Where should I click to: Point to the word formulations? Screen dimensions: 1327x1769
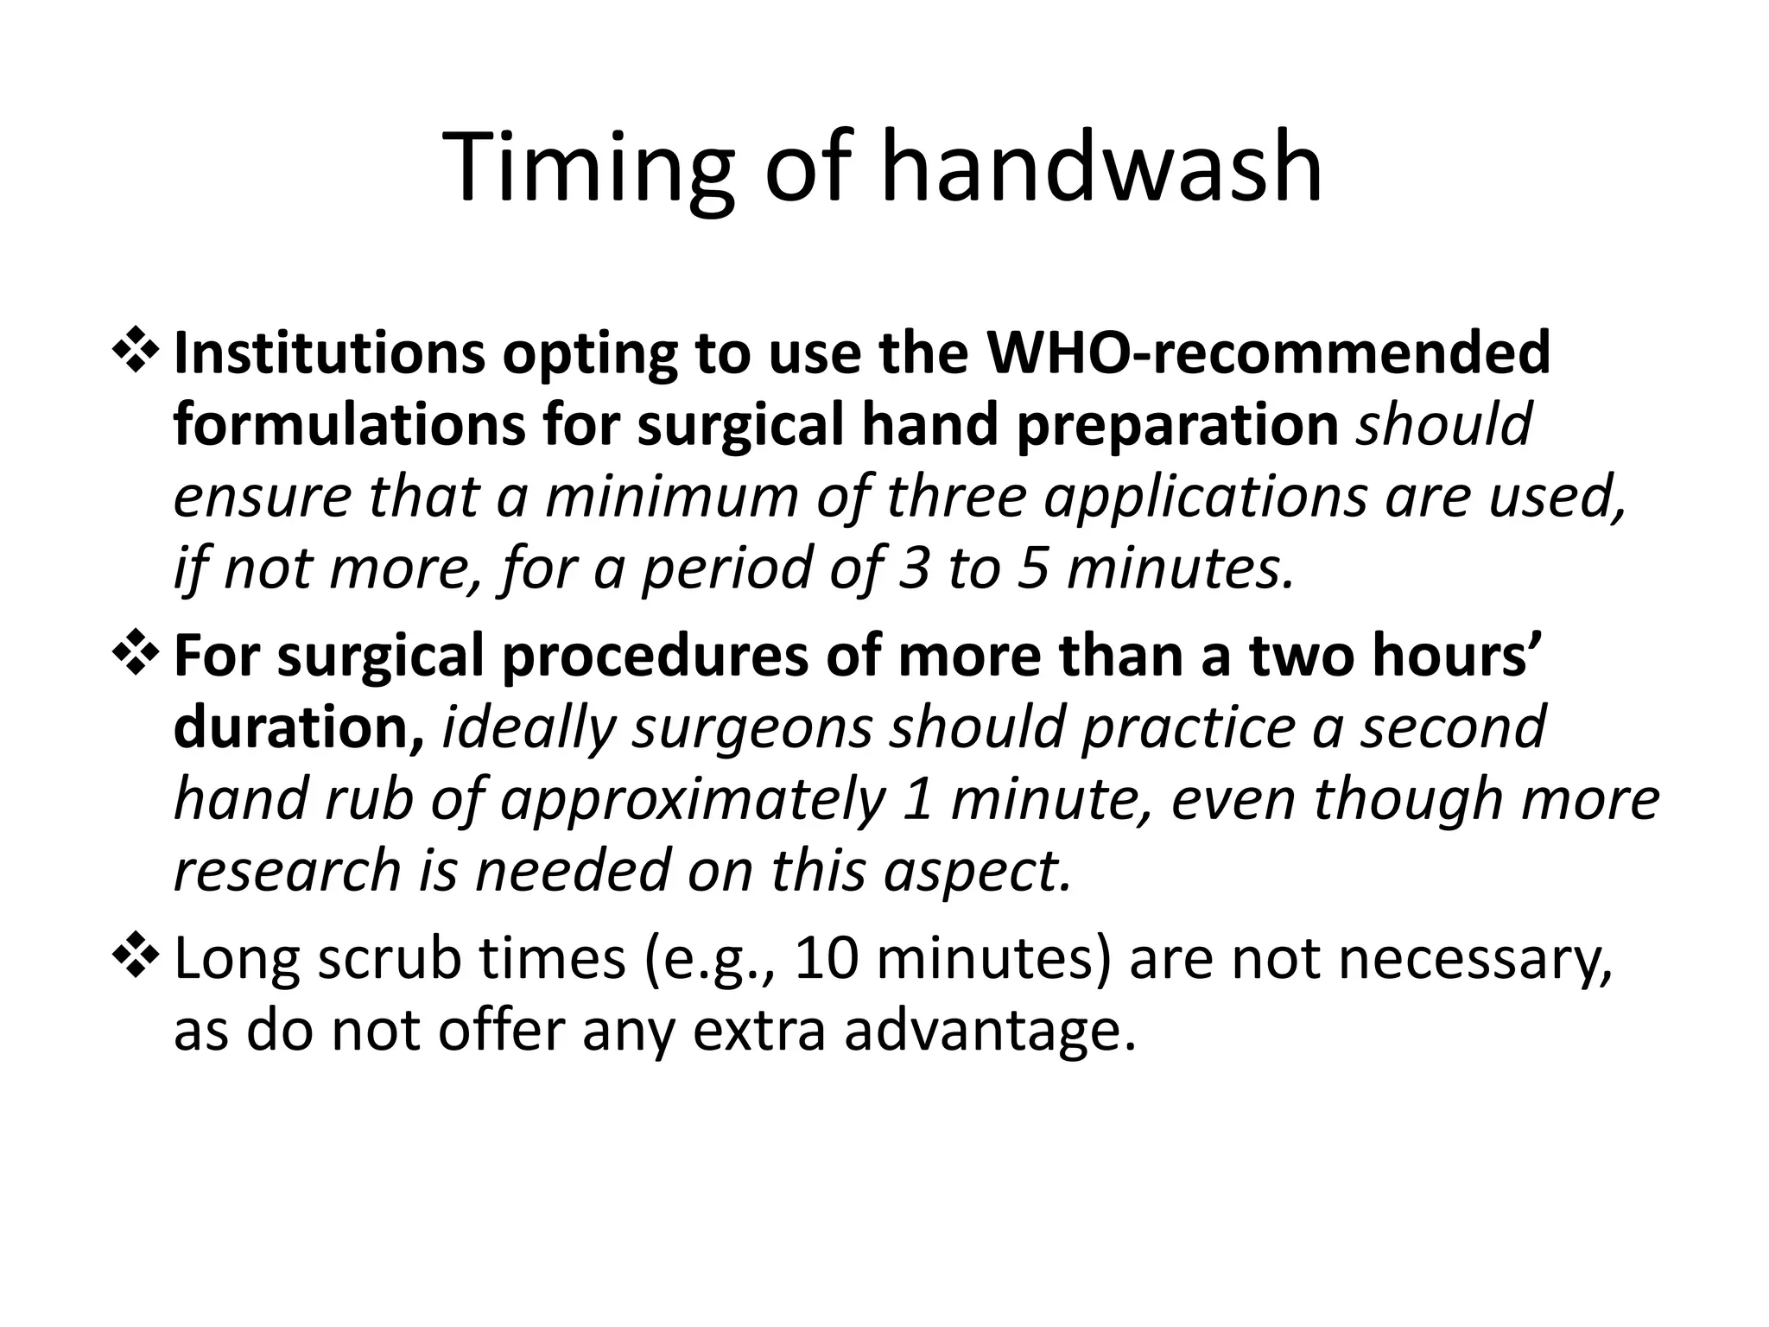(x=349, y=425)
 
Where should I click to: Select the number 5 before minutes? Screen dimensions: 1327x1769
(x=1032, y=568)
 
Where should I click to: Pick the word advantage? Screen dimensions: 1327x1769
(x=989, y=1032)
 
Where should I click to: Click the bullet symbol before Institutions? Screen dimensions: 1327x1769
(x=135, y=353)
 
